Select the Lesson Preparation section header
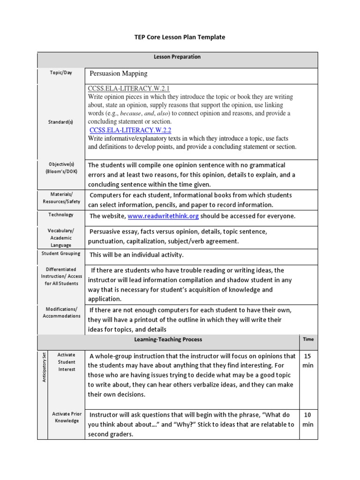point(177,57)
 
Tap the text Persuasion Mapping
point(118,74)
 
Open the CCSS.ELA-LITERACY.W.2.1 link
point(128,89)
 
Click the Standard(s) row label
point(61,122)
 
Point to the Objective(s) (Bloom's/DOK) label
point(61,168)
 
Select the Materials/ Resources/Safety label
point(61,198)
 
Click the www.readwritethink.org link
point(164,216)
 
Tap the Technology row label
point(61,215)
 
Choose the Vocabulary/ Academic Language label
point(61,238)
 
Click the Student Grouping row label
point(61,254)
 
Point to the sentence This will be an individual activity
point(136,255)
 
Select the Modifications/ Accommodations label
point(61,312)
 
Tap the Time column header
point(308,339)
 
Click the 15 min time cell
point(308,360)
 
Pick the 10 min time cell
point(308,420)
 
